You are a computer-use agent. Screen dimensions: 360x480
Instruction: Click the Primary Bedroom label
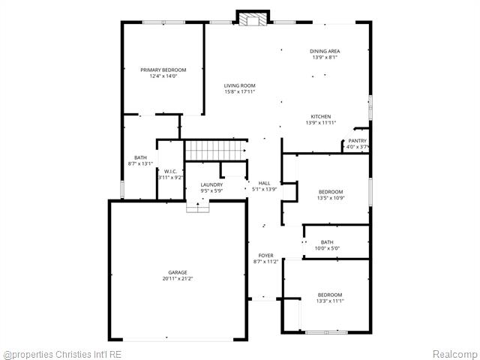pyautogui.click(x=163, y=70)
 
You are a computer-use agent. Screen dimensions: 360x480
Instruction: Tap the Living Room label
pyautogui.click(x=240, y=86)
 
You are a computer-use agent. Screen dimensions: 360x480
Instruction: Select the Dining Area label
pyautogui.click(x=325, y=51)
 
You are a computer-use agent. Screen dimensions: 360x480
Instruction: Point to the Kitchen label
pyautogui.click(x=321, y=116)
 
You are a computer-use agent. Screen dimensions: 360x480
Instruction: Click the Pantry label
pyautogui.click(x=357, y=141)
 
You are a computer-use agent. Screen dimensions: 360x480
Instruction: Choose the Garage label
pyautogui.click(x=178, y=272)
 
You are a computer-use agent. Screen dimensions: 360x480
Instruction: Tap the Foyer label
pyautogui.click(x=266, y=256)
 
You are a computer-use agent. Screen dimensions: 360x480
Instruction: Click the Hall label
pyautogui.click(x=264, y=183)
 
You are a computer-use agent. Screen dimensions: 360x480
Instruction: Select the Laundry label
pyautogui.click(x=211, y=184)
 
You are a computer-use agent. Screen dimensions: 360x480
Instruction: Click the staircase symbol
pyautogui.click(x=216, y=150)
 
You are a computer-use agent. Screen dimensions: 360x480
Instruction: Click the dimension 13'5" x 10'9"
pyautogui.click(x=331, y=198)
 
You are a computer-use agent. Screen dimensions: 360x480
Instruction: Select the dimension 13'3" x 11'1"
pyautogui.click(x=330, y=301)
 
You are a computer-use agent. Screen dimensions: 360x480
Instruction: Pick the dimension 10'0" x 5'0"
pyautogui.click(x=327, y=248)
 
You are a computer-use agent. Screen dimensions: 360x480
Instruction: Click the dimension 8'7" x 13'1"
pyautogui.click(x=141, y=163)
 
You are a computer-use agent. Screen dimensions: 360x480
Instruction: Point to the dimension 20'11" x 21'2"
pyautogui.click(x=178, y=278)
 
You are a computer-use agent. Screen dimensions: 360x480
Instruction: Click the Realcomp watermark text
pyautogui.click(x=455, y=353)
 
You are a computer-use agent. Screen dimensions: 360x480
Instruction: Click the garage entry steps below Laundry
pyautogui.click(x=198, y=207)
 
